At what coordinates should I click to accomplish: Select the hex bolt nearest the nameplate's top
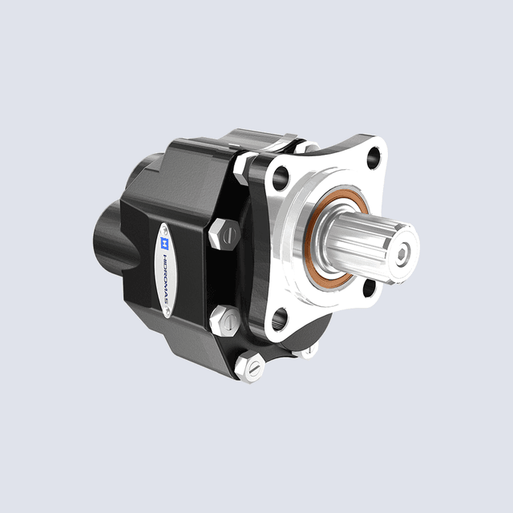pos(224,235)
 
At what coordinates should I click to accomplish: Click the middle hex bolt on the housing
pos(224,321)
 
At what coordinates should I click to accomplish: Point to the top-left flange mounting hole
pos(282,173)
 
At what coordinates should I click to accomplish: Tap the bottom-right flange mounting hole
pos(370,285)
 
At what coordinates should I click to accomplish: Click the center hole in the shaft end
pos(399,255)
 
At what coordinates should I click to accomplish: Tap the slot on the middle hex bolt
pos(226,322)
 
